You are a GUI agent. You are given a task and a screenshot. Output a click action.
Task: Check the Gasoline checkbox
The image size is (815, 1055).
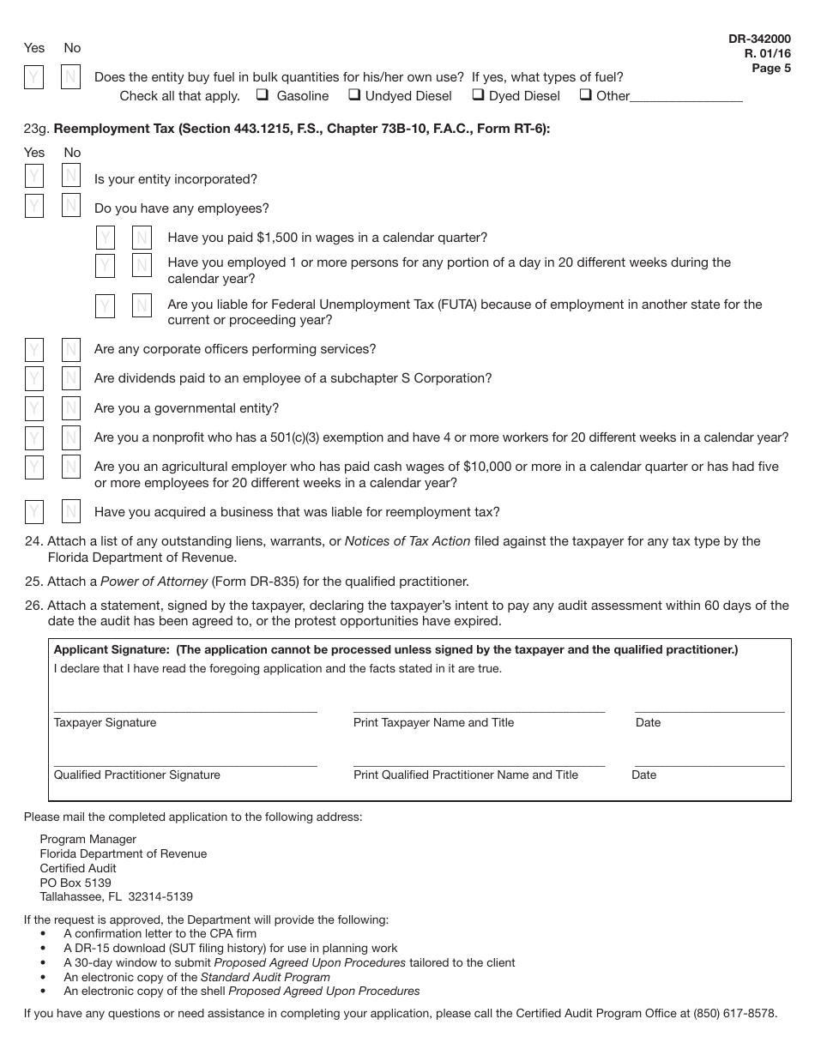tap(262, 95)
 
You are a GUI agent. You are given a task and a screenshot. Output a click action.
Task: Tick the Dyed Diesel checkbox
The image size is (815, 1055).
tap(479, 95)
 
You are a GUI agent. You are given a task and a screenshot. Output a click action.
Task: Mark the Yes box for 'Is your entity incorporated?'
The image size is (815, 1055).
tap(33, 177)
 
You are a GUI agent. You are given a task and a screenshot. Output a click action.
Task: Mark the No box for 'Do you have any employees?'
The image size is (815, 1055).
tap(70, 206)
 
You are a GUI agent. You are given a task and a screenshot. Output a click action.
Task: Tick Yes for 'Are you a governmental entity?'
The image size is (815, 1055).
tap(33, 408)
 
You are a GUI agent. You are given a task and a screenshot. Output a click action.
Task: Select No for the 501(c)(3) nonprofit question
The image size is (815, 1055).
tap(70, 437)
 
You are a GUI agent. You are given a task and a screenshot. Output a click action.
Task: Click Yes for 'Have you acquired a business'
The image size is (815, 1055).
tap(33, 512)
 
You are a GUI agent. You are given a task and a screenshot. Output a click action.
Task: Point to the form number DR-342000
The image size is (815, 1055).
tap(759, 39)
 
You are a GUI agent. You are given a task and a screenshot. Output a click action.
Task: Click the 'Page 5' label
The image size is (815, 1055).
tap(771, 69)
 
